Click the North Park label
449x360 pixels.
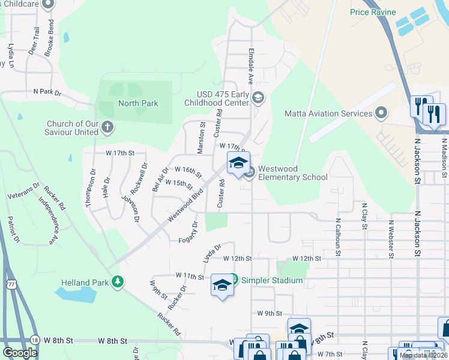coord(138,103)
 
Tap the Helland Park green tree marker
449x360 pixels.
coord(118,281)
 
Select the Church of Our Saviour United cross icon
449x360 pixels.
coord(107,127)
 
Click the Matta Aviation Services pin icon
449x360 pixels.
coord(381,113)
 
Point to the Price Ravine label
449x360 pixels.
coord(373,11)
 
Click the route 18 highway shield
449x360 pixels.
coord(35,340)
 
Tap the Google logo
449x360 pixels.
coord(20,352)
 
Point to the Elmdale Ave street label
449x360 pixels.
coord(251,66)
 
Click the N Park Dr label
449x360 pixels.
coord(47,92)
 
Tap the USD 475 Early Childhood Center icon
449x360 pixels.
coord(258,98)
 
